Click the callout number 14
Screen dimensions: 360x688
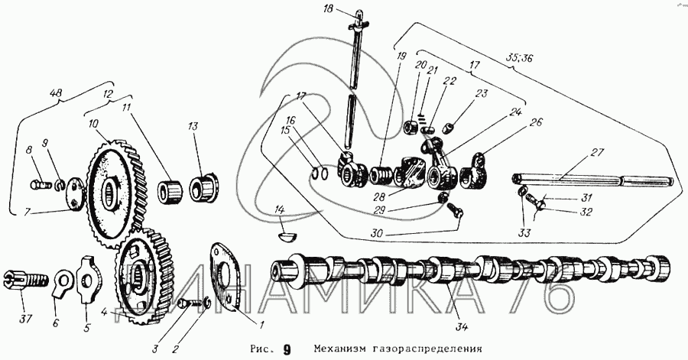coord(280,209)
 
